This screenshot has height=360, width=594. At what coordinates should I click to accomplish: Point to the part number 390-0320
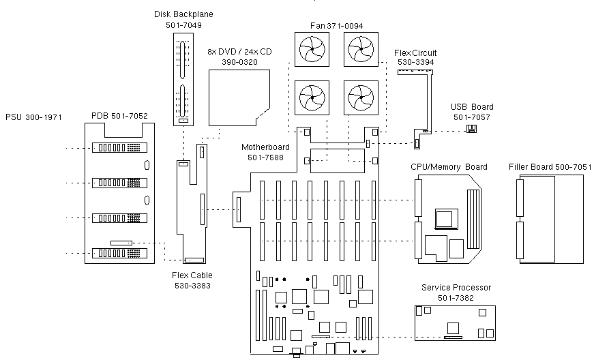tap(239, 62)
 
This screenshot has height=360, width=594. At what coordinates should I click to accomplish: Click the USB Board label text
tap(472, 107)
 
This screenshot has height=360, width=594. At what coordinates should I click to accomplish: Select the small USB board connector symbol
tap(471, 129)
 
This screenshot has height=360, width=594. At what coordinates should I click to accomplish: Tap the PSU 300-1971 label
tap(34, 117)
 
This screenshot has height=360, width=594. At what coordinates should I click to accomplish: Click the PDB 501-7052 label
tap(119, 117)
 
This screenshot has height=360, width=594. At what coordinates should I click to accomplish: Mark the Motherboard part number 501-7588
tap(265, 157)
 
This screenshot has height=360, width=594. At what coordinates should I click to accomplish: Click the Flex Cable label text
tap(192, 275)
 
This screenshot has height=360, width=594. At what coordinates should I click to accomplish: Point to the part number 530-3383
tap(192, 286)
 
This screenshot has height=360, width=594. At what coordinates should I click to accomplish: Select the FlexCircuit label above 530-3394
tap(415, 52)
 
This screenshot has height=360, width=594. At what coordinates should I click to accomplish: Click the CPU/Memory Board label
tap(449, 167)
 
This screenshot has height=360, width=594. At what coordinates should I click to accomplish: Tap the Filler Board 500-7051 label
tap(550, 167)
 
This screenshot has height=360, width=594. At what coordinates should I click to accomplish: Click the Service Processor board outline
tap(455, 322)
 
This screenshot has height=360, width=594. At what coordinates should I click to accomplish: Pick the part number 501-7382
tap(456, 298)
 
